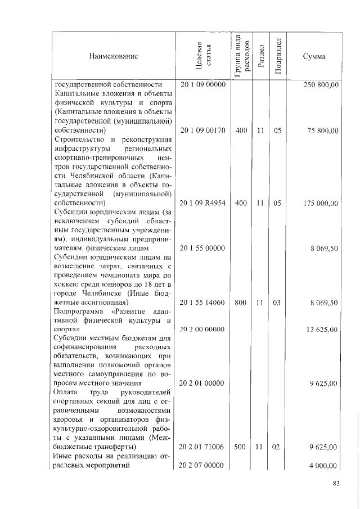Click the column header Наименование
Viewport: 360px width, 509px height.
[112, 56]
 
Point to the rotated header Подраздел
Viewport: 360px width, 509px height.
[277, 56]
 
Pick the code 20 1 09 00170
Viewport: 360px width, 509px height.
[202, 130]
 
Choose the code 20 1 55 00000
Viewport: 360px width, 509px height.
[202, 247]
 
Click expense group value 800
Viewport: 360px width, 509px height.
[241, 303]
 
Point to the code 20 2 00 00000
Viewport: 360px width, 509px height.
[202, 329]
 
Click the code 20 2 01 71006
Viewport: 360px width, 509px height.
[202, 447]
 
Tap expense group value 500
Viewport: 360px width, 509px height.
[241, 447]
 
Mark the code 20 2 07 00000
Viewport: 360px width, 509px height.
[202, 466]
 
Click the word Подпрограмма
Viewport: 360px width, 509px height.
[79, 311]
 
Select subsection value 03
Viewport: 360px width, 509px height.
[277, 303]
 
